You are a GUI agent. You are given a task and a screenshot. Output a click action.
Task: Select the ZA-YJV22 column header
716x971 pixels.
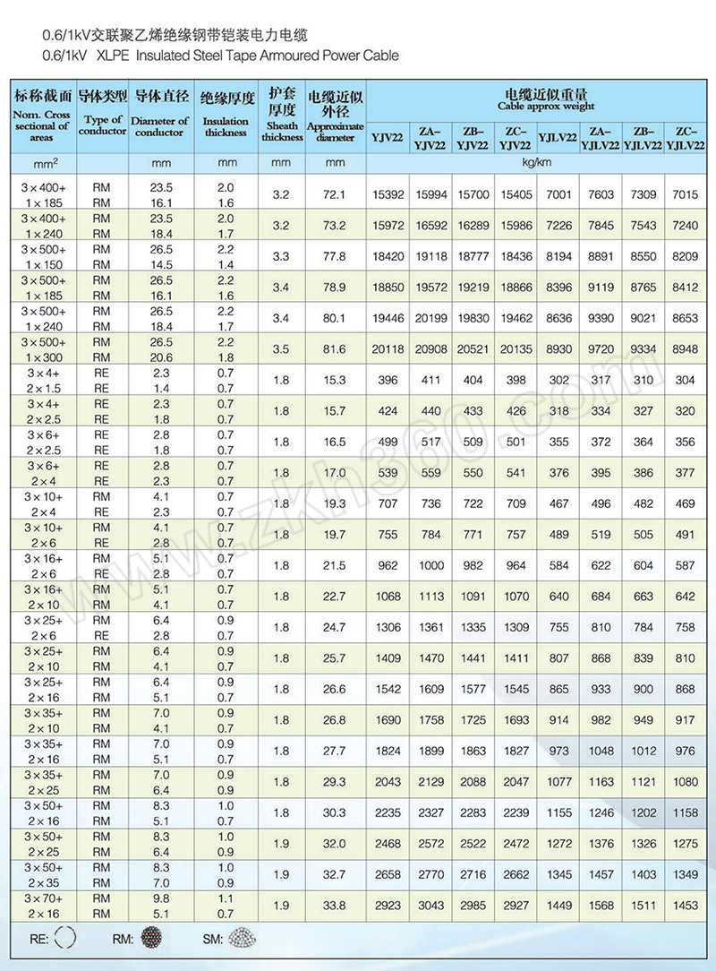point(430,136)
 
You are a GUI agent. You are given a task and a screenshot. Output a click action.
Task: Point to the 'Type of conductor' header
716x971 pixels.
point(103,125)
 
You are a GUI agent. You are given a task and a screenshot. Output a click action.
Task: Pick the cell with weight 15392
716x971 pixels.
point(388,194)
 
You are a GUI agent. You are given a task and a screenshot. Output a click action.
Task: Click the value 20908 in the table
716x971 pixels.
point(430,348)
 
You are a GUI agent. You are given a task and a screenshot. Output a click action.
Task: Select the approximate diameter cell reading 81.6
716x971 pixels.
point(335,348)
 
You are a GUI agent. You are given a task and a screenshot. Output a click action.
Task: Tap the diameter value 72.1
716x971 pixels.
point(335,194)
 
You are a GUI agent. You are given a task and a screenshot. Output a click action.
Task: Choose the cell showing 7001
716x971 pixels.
point(558,194)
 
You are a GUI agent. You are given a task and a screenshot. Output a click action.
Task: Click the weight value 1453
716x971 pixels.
point(686,906)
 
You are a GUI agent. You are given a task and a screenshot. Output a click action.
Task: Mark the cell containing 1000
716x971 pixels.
point(430,565)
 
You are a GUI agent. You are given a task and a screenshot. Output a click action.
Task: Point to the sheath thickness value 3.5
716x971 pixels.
point(281,348)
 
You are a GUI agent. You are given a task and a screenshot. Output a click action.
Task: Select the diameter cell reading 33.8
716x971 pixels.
point(335,906)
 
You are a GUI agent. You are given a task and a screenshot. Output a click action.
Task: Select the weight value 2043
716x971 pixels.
point(388,782)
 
